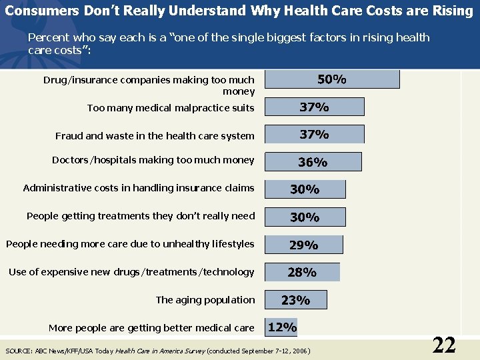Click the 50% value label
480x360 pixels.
pyautogui.click(x=331, y=79)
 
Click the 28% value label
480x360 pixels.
pyautogui.click(x=302, y=272)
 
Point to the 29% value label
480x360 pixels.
pyautogui.click(x=303, y=245)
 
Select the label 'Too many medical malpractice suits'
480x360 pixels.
pyautogui.click(x=171, y=108)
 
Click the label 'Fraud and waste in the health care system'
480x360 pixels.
pyautogui.click(x=155, y=136)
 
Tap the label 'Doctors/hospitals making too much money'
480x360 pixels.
pyautogui.click(x=153, y=160)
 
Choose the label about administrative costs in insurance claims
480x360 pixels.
pyautogui.click(x=139, y=188)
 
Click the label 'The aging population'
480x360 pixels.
pyautogui.click(x=205, y=300)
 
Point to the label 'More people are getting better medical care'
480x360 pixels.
pyautogui.click(x=151, y=328)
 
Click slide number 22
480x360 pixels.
pyautogui.click(x=444, y=345)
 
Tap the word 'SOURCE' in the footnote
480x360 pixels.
pyautogui.click(x=17, y=351)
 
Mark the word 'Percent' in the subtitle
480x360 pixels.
pyautogui.click(x=47, y=38)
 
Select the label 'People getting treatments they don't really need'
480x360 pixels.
pyautogui.click(x=141, y=216)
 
